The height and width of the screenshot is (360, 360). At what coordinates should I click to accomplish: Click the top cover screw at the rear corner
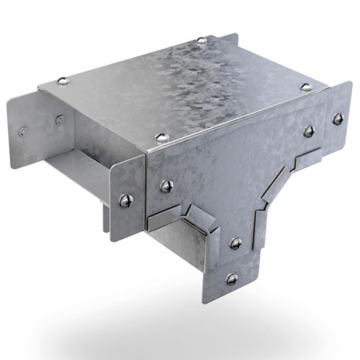pyautogui.click(x=199, y=40)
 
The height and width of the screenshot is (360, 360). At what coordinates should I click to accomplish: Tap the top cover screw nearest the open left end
pyautogui.click(x=63, y=81)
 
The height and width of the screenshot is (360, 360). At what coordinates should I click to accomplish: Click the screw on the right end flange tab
pyautogui.click(x=336, y=118)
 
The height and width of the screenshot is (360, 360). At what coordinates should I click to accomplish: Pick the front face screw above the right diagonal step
pyautogui.click(x=308, y=131)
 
